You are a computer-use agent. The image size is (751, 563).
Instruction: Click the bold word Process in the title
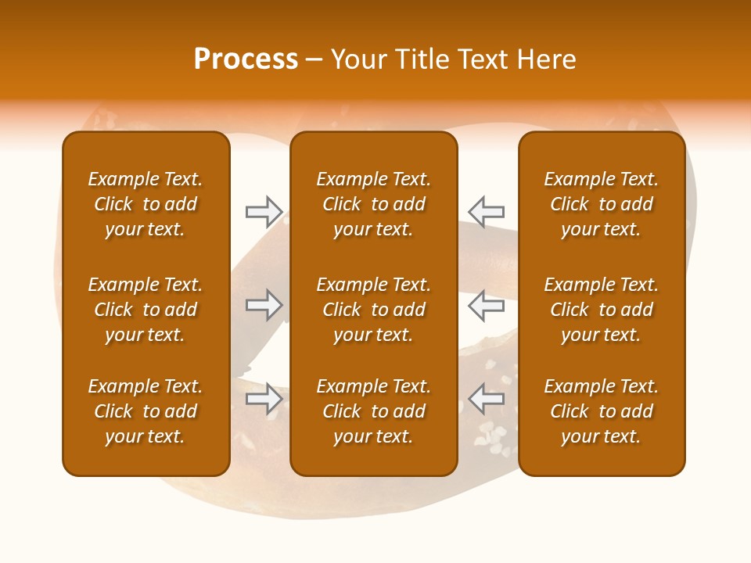(246, 59)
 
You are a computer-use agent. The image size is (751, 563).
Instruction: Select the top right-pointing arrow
(264, 212)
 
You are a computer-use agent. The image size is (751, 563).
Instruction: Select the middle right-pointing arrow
(264, 305)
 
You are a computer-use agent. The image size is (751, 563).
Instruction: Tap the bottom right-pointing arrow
(264, 399)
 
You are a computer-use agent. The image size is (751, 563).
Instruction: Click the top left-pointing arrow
(487, 212)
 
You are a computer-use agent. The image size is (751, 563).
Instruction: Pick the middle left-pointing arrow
(487, 305)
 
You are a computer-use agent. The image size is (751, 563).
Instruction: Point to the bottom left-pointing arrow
(487, 399)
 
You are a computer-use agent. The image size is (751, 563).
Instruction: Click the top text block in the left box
(146, 204)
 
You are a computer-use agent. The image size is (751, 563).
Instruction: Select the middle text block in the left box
(146, 310)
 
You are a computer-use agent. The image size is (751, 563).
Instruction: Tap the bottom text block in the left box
(146, 411)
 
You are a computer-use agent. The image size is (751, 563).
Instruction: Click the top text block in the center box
(373, 204)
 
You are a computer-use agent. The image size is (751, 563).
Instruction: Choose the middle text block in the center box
(373, 310)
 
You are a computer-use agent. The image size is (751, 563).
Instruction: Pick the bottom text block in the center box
(373, 411)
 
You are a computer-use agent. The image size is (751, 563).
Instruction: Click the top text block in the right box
(601, 204)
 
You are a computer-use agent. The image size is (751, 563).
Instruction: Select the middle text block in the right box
(601, 310)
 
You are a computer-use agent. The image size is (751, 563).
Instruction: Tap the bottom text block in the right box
(601, 411)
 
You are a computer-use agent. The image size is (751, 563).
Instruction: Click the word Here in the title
(547, 59)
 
